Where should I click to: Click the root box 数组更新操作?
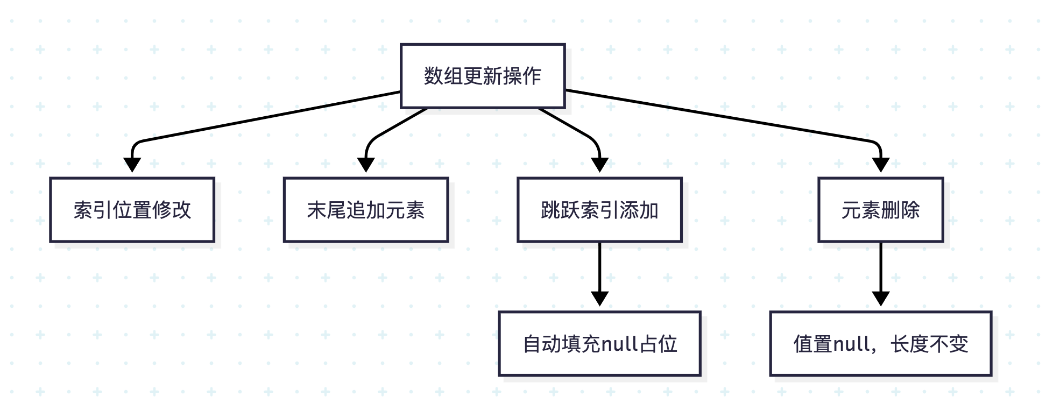(483, 76)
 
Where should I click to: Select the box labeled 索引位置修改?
(132, 210)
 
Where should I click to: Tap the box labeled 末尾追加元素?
(366, 210)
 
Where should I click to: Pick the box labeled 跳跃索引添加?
(599, 210)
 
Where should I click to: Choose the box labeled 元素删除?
(880, 210)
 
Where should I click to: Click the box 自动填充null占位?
(599, 343)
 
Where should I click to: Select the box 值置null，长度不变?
(880, 343)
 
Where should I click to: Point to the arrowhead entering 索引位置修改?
(132, 165)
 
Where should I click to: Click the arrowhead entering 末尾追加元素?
(366, 165)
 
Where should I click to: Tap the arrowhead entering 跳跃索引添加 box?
(599, 165)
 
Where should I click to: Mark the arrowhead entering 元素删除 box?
(880, 165)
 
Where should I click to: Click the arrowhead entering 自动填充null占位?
(599, 298)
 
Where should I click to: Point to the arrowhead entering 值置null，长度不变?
(880, 298)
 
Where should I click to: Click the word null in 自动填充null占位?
(619, 343)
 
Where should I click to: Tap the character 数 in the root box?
(434, 76)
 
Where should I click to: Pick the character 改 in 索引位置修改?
(181, 210)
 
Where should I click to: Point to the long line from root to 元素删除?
(721, 116)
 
